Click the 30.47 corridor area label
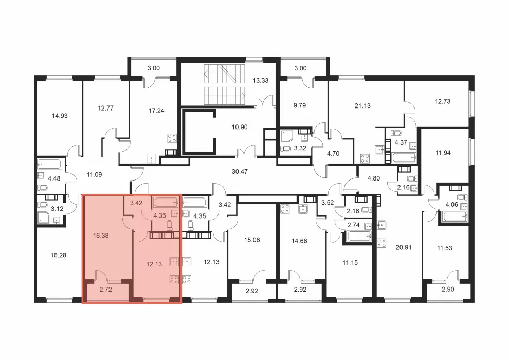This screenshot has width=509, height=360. [x=240, y=171]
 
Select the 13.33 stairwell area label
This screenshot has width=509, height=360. [x=261, y=81]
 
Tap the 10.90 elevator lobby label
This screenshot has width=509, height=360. [x=240, y=127]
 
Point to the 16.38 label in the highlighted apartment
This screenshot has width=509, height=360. [x=101, y=236]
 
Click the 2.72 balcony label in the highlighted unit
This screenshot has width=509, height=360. [x=106, y=290]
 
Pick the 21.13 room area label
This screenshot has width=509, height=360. [x=362, y=105]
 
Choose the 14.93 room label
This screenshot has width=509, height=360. [x=60, y=116]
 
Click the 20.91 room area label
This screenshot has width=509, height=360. [x=404, y=247]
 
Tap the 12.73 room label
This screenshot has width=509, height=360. [x=443, y=101]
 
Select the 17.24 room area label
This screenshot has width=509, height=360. [x=156, y=111]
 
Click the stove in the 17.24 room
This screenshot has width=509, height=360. [x=172, y=139]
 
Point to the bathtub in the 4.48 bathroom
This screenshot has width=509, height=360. [x=49, y=164]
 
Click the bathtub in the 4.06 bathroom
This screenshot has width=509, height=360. [x=453, y=216]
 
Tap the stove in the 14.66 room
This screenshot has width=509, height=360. [x=285, y=209]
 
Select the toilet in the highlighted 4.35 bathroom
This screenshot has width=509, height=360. [x=170, y=225]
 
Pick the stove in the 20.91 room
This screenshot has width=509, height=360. [x=381, y=243]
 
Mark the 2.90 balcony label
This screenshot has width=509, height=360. [x=448, y=289]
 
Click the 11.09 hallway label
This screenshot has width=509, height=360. [x=94, y=175]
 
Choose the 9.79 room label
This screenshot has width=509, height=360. [x=300, y=105]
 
